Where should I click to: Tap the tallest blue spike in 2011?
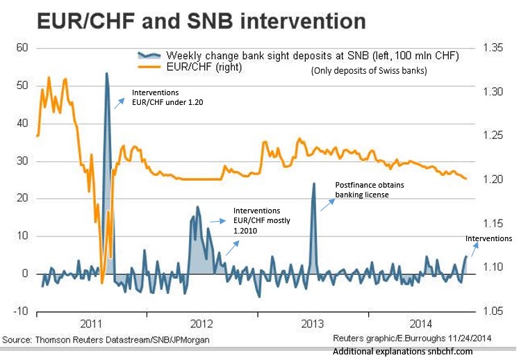point(106,74)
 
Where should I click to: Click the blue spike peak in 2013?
point(314,183)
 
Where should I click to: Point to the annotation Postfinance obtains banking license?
point(369,190)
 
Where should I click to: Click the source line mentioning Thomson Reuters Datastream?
point(106,339)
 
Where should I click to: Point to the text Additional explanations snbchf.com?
point(402,352)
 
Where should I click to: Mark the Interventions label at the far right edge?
point(488,238)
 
